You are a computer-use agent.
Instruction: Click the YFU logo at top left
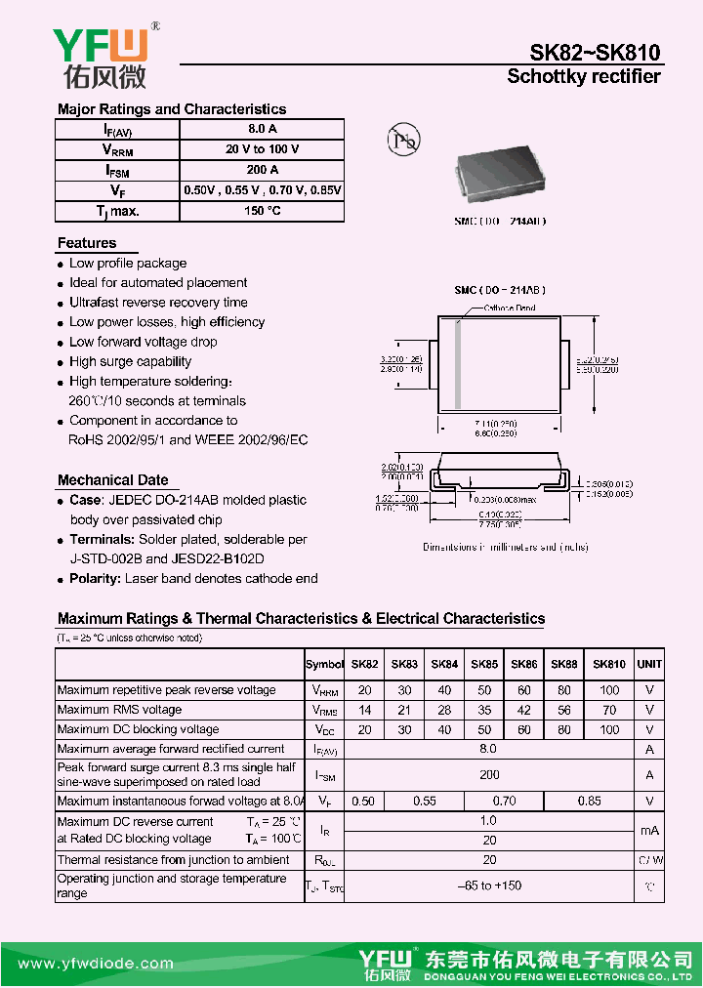[x=99, y=57]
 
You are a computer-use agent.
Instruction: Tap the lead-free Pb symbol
[x=402, y=141]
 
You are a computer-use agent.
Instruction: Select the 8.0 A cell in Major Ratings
[x=263, y=129]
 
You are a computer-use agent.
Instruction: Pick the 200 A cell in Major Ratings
[x=263, y=170]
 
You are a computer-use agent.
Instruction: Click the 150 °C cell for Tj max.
[x=263, y=211]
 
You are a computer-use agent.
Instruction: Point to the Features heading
[x=87, y=243]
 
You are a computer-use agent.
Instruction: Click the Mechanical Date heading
[x=112, y=480]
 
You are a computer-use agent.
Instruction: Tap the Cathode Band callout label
[x=510, y=308]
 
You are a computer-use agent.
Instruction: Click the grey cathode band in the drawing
[x=457, y=364]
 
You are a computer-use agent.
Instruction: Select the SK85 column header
[x=484, y=664]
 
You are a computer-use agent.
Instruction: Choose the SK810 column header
[x=609, y=664]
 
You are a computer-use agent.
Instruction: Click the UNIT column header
[x=649, y=664]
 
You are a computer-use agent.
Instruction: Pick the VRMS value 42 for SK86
[x=524, y=710]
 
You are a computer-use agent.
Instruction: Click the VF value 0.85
[x=589, y=801]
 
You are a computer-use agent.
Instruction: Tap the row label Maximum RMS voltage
[x=119, y=710]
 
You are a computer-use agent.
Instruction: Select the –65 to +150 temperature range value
[x=489, y=885]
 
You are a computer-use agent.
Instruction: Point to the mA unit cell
[x=649, y=830]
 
